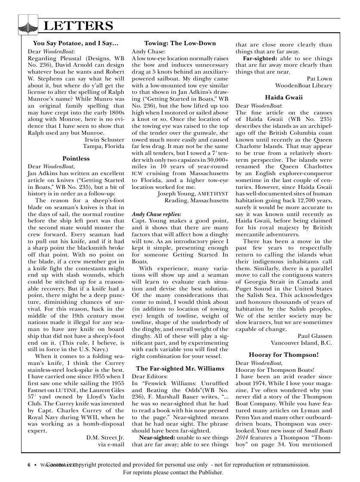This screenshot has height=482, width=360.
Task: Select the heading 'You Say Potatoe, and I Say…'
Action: tap(75, 43)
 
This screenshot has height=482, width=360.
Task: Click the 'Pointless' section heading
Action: tap(76, 158)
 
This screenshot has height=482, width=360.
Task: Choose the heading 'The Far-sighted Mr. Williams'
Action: tap(180, 368)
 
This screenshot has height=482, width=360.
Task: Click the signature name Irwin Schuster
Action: tap(105, 140)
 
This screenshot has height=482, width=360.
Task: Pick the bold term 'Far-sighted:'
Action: tap(260, 58)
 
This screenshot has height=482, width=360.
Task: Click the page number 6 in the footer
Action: tap(29, 465)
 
